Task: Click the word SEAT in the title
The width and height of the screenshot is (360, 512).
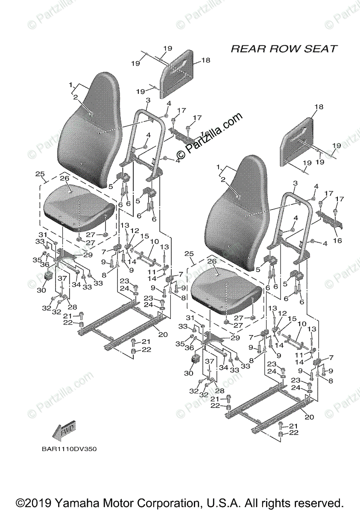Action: [321, 49]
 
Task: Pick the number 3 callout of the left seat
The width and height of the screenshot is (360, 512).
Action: [147, 100]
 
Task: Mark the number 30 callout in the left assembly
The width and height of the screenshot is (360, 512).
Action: [41, 290]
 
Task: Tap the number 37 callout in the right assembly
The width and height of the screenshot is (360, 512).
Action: [209, 361]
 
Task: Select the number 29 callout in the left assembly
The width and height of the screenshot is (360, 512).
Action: [88, 255]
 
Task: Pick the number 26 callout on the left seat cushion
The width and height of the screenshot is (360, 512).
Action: [64, 178]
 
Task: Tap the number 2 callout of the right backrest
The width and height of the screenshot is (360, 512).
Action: [222, 180]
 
